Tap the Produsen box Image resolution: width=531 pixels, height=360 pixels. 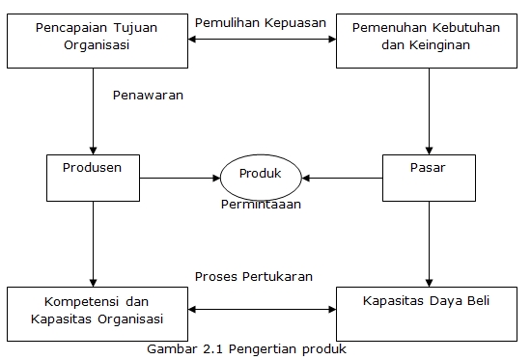[x=94, y=173]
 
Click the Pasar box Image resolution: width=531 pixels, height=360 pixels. [x=427, y=173]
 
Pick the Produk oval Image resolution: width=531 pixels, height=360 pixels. [x=260, y=177]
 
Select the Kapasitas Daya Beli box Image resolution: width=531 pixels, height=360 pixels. [x=426, y=310]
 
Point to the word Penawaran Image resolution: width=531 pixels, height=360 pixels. [x=148, y=95]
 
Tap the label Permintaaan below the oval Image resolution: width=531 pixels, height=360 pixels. [x=261, y=204]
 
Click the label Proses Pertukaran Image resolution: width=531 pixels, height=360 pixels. [x=253, y=276]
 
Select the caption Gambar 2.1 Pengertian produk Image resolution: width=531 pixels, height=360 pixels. [x=247, y=348]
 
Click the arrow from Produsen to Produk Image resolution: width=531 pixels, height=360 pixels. [x=180, y=178]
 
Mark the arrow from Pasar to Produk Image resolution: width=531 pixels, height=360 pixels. [x=342, y=178]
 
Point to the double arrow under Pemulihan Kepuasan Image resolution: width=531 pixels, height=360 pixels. [x=261, y=40]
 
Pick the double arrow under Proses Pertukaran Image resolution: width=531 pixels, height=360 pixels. [x=261, y=311]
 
